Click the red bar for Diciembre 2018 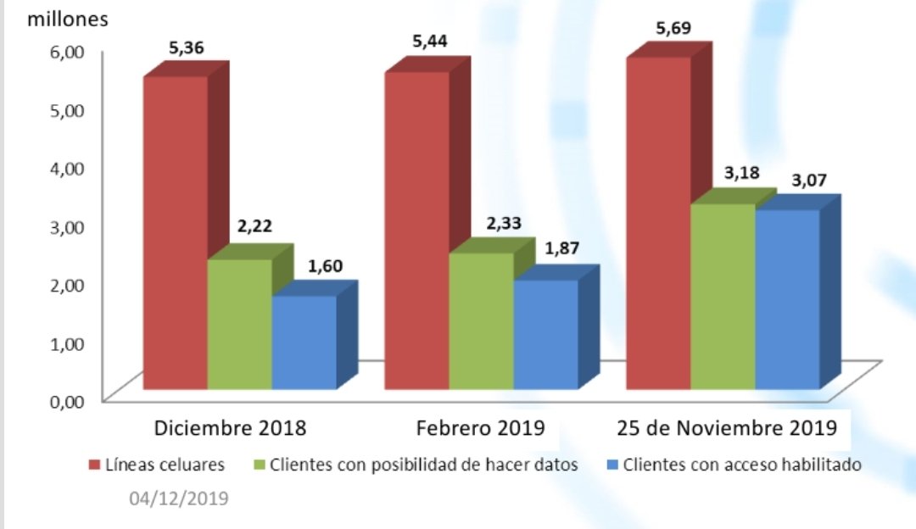[175, 233]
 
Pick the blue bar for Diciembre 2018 [304, 342]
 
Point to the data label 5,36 [186, 48]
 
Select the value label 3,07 [809, 180]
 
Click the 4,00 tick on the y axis [70, 167]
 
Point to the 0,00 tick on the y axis [70, 401]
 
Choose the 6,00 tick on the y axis [70, 51]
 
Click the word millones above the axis [68, 19]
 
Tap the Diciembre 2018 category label [230, 427]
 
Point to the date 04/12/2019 [178, 499]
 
